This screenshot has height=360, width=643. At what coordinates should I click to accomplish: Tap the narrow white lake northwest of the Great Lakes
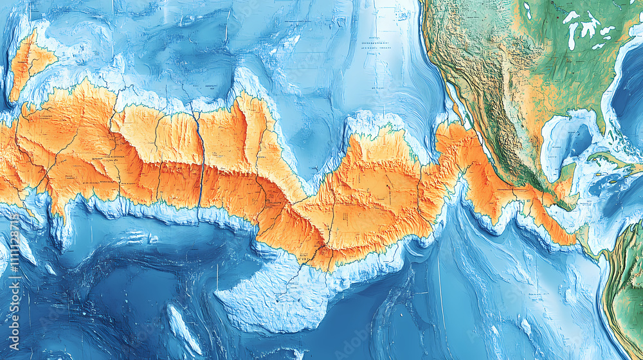(527, 9)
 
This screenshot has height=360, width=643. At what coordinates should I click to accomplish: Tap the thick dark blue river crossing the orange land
(200, 161)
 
